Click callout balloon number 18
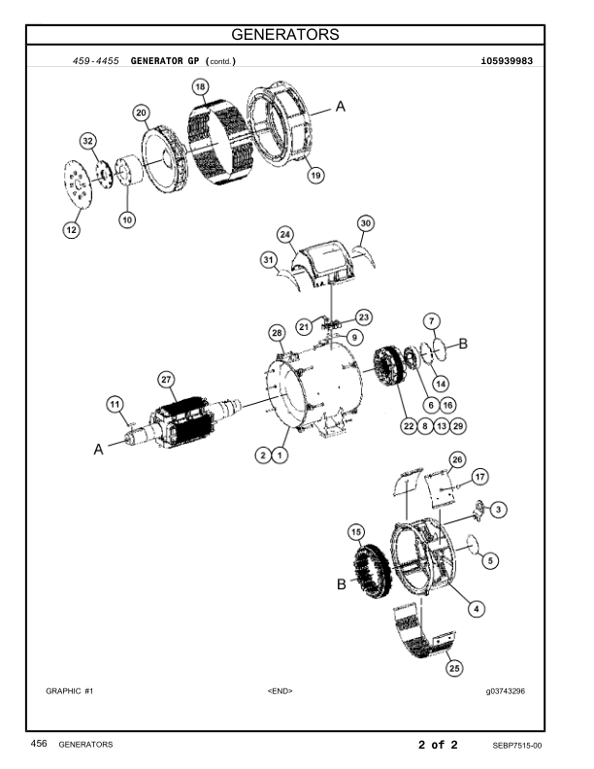pyautogui.click(x=200, y=87)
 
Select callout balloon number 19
pyautogui.click(x=316, y=176)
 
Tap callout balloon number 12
pyautogui.click(x=72, y=229)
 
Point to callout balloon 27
pyautogui.click(x=165, y=379)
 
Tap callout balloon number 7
pyautogui.click(x=433, y=320)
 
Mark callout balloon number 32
pyautogui.click(x=88, y=142)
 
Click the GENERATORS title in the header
pyautogui.click(x=297, y=35)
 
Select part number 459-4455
pyautogui.click(x=96, y=61)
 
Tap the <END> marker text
pyautogui.click(x=280, y=691)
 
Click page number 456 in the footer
pyautogui.click(x=39, y=745)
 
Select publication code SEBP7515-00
pyautogui.click(x=516, y=745)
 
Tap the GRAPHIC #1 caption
pyautogui.click(x=69, y=691)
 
